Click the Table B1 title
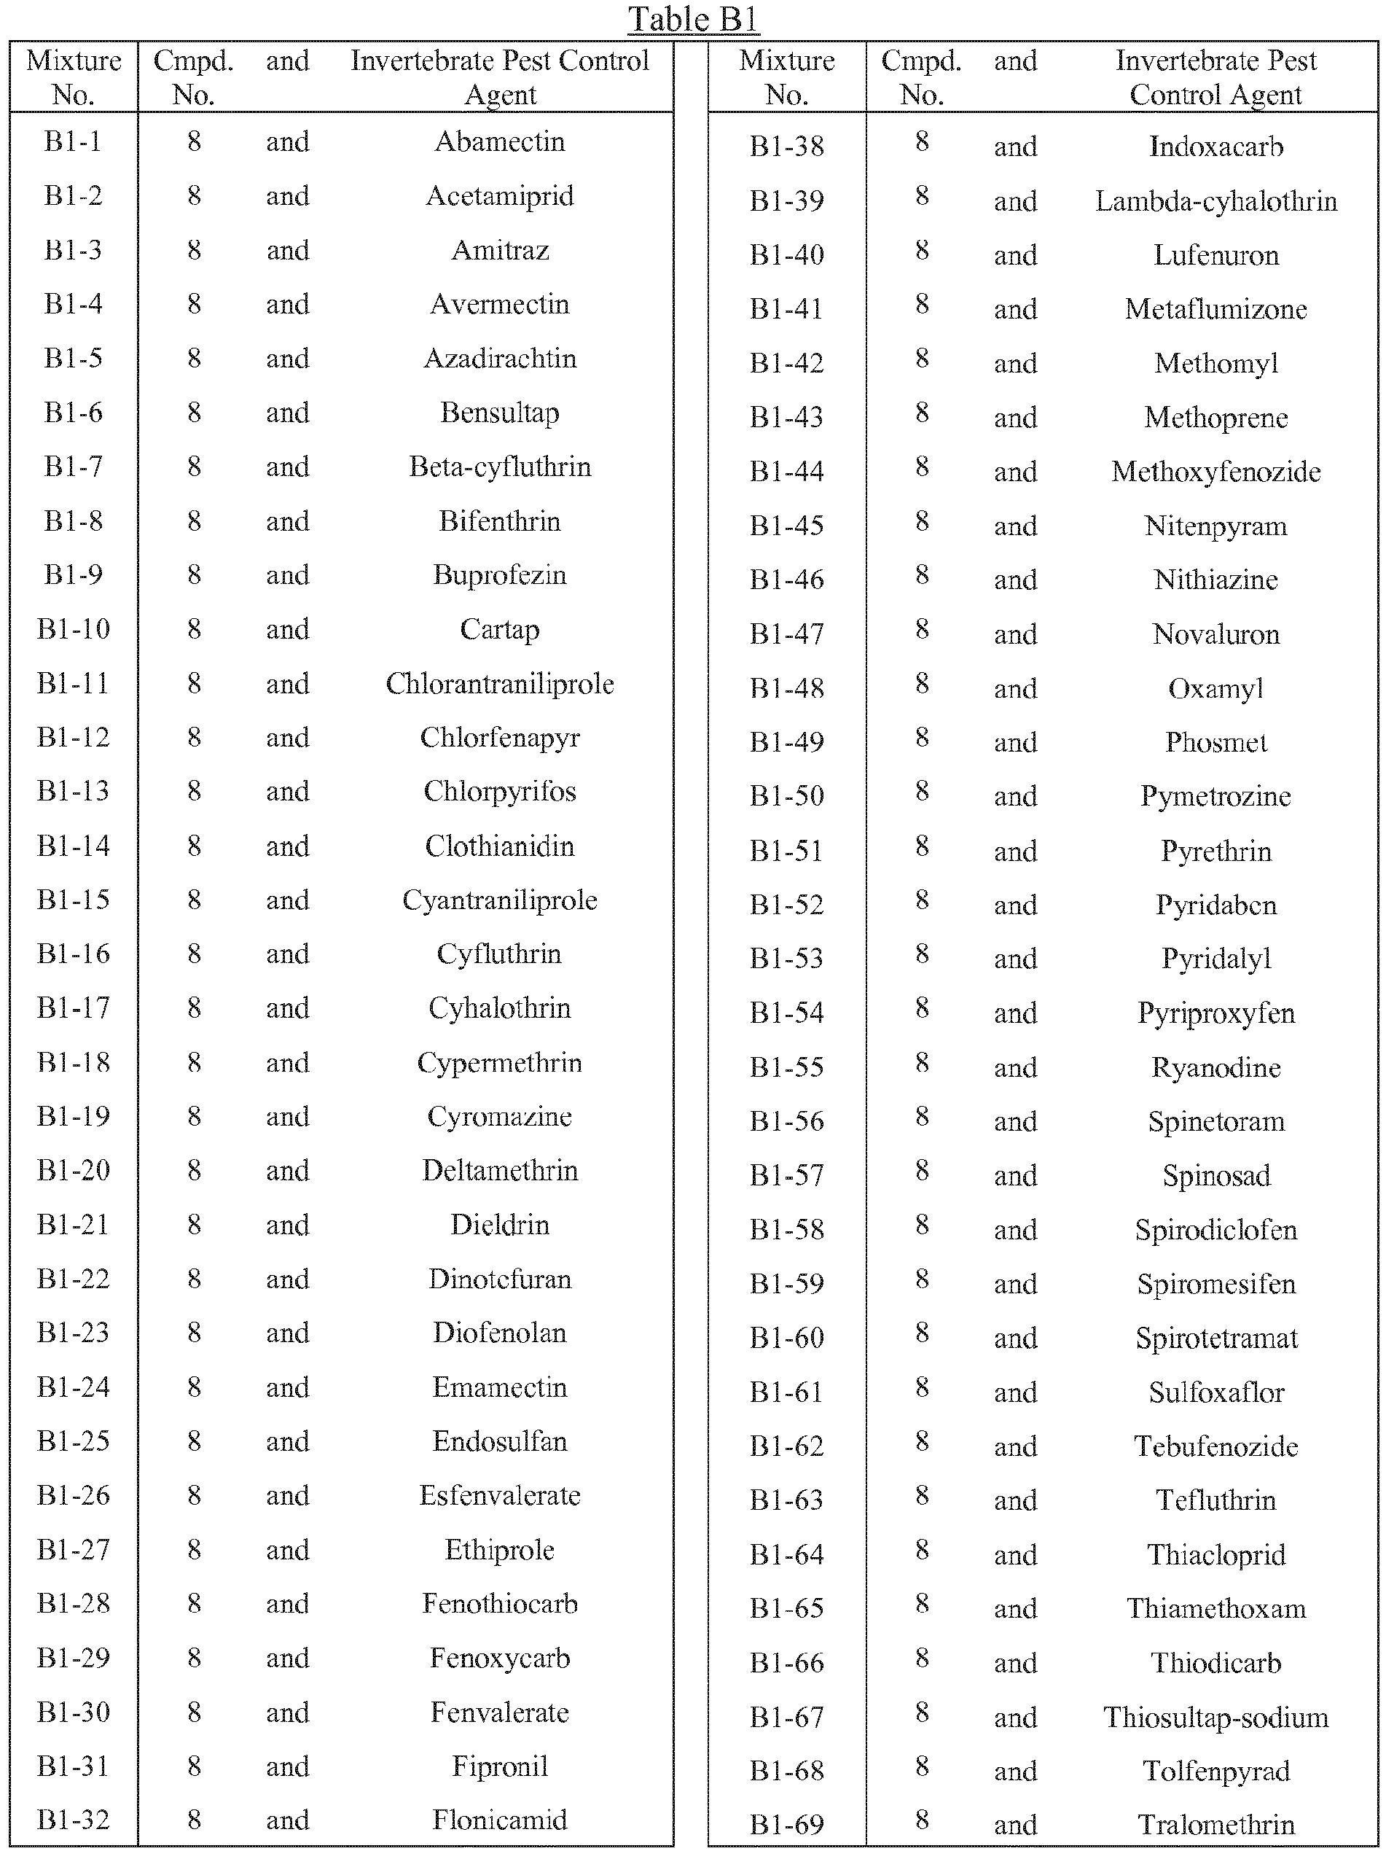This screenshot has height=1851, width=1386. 694,19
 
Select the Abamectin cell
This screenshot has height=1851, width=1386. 499,141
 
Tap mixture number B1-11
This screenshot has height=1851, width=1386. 73,684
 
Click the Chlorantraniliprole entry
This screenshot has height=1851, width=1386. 499,684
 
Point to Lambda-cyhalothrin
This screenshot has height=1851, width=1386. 1215,200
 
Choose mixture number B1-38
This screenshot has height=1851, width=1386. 786,147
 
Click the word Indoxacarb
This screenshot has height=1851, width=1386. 1215,147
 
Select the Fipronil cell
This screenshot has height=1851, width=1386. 499,1766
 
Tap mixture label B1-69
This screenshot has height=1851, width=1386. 786,1824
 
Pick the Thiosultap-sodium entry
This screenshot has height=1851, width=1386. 1215,1717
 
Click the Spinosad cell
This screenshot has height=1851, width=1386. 1215,1176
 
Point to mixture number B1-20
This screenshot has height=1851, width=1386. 73,1170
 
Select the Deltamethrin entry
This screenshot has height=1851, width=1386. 499,1170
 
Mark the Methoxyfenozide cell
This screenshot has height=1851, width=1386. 1215,471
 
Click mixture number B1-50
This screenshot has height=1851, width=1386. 786,796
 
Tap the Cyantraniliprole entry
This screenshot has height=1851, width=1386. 499,900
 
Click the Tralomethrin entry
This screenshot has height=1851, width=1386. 1215,1824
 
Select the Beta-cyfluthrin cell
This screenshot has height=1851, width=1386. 499,466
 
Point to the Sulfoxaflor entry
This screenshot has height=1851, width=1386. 1215,1392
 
